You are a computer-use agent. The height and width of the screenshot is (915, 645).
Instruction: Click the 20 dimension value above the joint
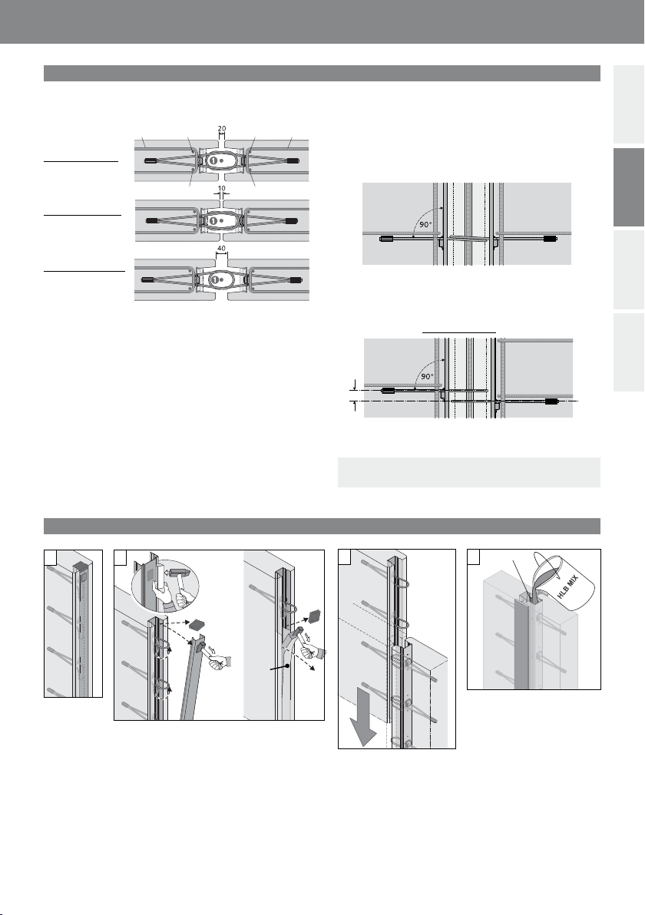[222, 129]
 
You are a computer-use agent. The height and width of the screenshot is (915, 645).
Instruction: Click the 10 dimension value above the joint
[222, 189]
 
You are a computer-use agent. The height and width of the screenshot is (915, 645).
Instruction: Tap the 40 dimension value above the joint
[222, 249]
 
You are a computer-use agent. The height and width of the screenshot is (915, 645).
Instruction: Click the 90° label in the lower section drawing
[427, 376]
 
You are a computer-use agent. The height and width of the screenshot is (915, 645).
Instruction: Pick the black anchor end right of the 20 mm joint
[292, 160]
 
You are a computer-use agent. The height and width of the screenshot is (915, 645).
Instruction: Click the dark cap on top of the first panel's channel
[81, 568]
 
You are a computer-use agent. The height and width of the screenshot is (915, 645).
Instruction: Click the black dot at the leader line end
[289, 665]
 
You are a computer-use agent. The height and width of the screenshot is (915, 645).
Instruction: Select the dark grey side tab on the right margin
[629, 187]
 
